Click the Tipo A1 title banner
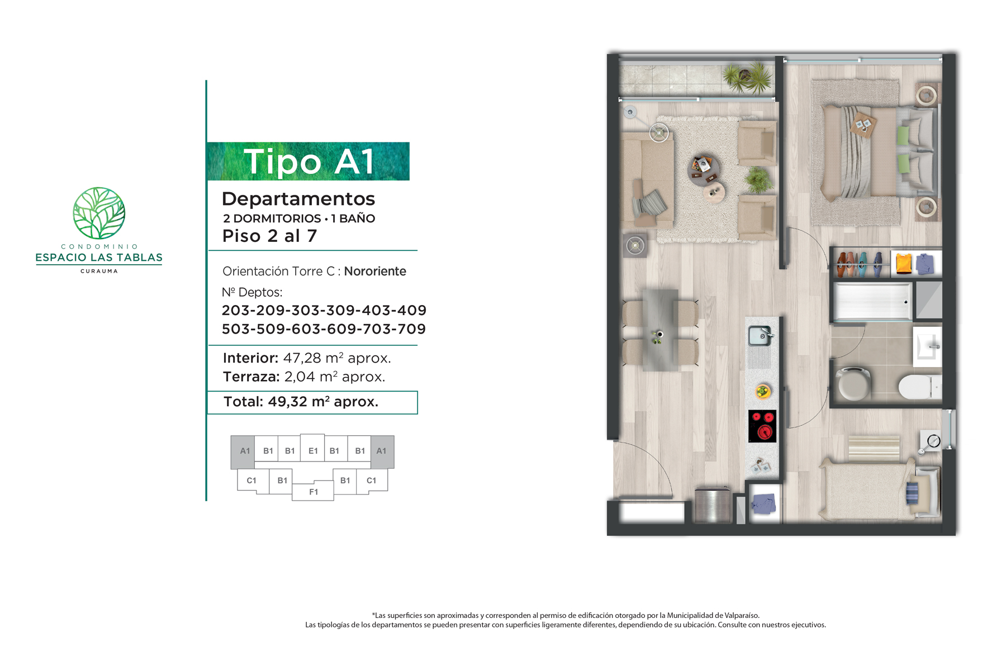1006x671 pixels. pyautogui.click(x=308, y=161)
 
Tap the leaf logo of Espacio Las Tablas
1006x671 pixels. pyautogui.click(x=99, y=213)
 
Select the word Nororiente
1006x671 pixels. pyautogui.click(x=375, y=272)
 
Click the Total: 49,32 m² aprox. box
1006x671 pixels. pyautogui.click(x=312, y=402)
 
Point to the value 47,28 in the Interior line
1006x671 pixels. pyautogui.click(x=302, y=358)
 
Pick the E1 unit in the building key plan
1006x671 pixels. pyautogui.click(x=313, y=451)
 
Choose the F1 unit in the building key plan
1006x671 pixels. pyautogui.click(x=314, y=492)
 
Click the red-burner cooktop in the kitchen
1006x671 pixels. pyautogui.click(x=762, y=426)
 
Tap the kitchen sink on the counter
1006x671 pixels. pyautogui.click(x=760, y=336)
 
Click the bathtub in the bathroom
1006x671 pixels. pyautogui.click(x=872, y=302)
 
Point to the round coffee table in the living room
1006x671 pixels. pyautogui.click(x=703, y=170)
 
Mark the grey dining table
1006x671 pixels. pyautogui.click(x=660, y=330)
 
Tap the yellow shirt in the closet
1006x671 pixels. pyautogui.click(x=903, y=263)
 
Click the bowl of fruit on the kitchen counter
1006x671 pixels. pyautogui.click(x=763, y=391)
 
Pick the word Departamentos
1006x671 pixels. pyautogui.click(x=298, y=199)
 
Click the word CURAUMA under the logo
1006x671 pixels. pyautogui.click(x=99, y=271)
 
